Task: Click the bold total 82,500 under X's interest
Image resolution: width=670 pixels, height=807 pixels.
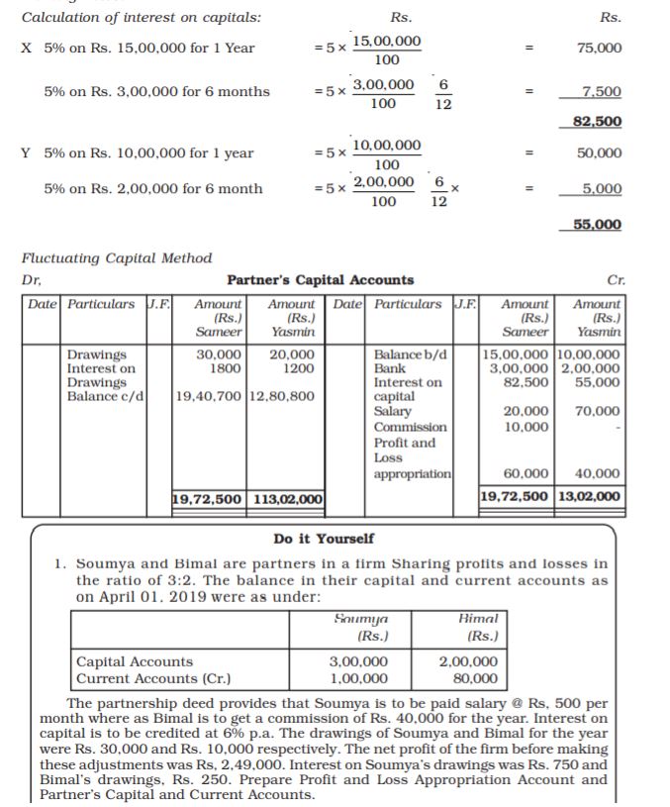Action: click(x=598, y=122)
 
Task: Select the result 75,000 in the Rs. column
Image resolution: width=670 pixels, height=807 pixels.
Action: click(x=600, y=48)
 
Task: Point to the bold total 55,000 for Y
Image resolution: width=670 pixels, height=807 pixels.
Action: click(x=598, y=225)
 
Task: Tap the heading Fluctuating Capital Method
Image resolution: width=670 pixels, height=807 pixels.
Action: click(x=117, y=258)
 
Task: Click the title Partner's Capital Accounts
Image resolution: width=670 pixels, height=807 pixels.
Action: click(x=321, y=280)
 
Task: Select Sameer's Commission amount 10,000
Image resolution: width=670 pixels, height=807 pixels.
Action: click(x=521, y=427)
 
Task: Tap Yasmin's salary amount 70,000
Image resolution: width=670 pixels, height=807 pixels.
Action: click(x=601, y=412)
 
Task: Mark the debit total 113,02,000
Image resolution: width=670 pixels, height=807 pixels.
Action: click(x=288, y=498)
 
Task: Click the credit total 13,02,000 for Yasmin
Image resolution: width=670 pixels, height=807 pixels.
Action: click(x=591, y=496)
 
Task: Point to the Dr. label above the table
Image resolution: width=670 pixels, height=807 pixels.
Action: click(x=31, y=280)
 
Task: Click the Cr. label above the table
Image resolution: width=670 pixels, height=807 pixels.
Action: click(x=612, y=280)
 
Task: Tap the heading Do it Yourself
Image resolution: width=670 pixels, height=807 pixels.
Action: click(x=324, y=539)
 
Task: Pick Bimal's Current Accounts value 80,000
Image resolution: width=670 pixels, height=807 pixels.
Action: click(x=474, y=678)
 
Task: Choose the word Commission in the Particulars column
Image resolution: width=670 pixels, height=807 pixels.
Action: click(x=410, y=427)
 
